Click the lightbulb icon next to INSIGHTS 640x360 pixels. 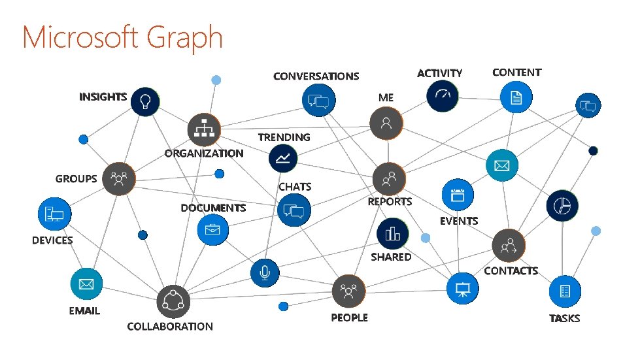pyautogui.click(x=145, y=101)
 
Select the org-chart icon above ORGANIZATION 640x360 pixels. pyautogui.click(x=203, y=129)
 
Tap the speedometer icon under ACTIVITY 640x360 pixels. pyautogui.click(x=443, y=96)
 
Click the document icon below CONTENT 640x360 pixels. pyautogui.click(x=516, y=98)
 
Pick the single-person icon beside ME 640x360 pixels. pyautogui.click(x=386, y=123)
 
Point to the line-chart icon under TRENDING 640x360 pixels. pyautogui.click(x=284, y=158)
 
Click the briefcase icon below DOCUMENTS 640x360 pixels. pyautogui.click(x=212, y=230)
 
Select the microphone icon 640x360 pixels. pyautogui.click(x=265, y=272)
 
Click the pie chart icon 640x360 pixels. pyautogui.click(x=562, y=206)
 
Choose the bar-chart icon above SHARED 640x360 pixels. pyautogui.click(x=392, y=233)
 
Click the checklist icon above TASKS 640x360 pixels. pyautogui.click(x=565, y=291)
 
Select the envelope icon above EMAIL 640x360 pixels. pyautogui.click(x=86, y=284)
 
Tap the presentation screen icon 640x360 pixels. pyautogui.click(x=463, y=288)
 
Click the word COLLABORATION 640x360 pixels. pyautogui.click(x=170, y=326)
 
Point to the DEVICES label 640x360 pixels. pyautogui.click(x=52, y=240)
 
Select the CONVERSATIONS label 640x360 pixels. pyautogui.click(x=316, y=76)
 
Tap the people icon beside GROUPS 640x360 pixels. pyautogui.click(x=119, y=178)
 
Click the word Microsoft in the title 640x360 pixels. pyautogui.click(x=80, y=37)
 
